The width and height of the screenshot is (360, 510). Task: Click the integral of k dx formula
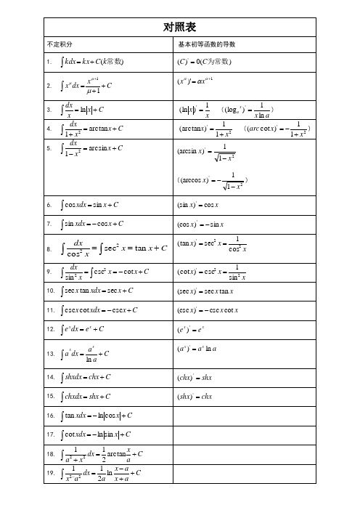click(94, 62)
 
